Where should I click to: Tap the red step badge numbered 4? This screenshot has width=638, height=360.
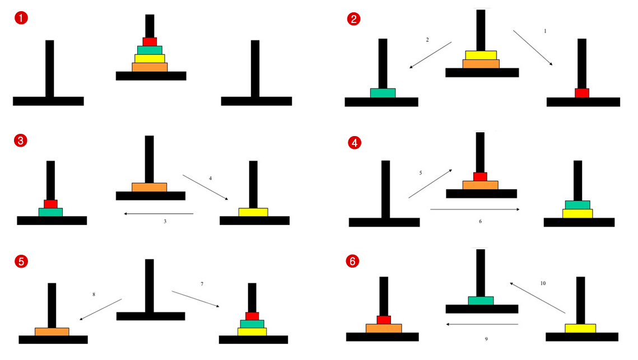353,143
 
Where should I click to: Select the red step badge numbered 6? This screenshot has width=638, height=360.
353,261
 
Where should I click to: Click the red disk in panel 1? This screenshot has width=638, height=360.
150,41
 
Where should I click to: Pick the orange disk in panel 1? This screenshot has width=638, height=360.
150,67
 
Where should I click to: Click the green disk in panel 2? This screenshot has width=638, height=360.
383,93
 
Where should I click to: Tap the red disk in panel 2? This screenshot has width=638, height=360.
582,93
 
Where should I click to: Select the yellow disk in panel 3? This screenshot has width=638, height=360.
253,212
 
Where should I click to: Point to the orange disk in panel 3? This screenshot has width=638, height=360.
149,187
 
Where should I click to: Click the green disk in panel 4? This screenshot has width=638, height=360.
578,204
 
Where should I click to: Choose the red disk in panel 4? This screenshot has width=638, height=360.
480,176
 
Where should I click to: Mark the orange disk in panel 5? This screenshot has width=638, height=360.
52,331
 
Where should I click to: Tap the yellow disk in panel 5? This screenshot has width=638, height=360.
252,331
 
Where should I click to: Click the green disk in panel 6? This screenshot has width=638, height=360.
481,301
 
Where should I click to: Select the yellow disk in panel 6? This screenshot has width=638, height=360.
580,328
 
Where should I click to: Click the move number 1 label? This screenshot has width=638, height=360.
545,31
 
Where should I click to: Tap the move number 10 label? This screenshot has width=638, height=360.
543,283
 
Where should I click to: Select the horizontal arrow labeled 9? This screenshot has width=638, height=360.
482,324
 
